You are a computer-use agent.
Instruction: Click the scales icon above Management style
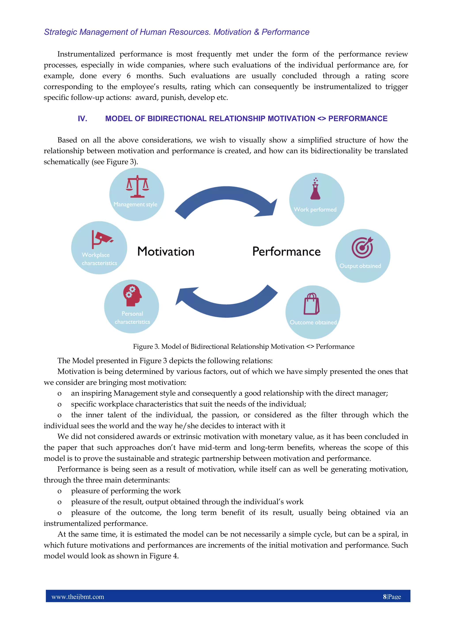[x=137, y=186]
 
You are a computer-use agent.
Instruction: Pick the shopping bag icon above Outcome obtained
[x=311, y=304]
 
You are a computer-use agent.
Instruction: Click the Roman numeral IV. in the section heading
[x=83, y=119]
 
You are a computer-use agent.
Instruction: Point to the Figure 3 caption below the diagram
[x=243, y=347]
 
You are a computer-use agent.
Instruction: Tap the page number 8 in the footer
[x=385, y=596]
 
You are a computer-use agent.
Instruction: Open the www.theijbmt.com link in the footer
[x=78, y=596]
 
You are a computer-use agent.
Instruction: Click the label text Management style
[x=135, y=204]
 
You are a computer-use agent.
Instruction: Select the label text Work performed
[x=315, y=210]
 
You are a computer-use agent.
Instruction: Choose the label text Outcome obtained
[x=313, y=322]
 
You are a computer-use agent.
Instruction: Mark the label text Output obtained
[x=360, y=266]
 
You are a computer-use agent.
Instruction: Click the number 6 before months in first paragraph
[x=128, y=76]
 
